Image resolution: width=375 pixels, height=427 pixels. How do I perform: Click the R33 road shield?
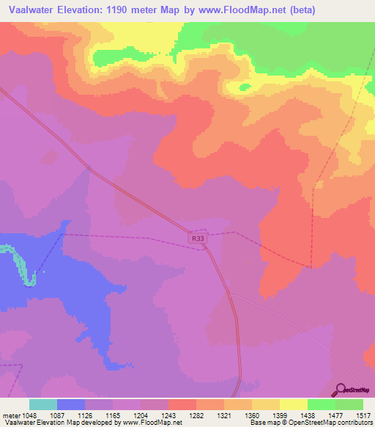tap(197, 238)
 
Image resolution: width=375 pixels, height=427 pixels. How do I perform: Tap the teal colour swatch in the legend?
tap(43, 404)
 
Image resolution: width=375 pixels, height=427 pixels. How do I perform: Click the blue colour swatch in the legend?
tap(72, 404)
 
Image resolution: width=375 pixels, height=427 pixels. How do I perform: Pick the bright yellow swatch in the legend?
tap(293, 404)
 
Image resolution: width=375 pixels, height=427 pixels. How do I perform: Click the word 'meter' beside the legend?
tap(12, 415)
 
